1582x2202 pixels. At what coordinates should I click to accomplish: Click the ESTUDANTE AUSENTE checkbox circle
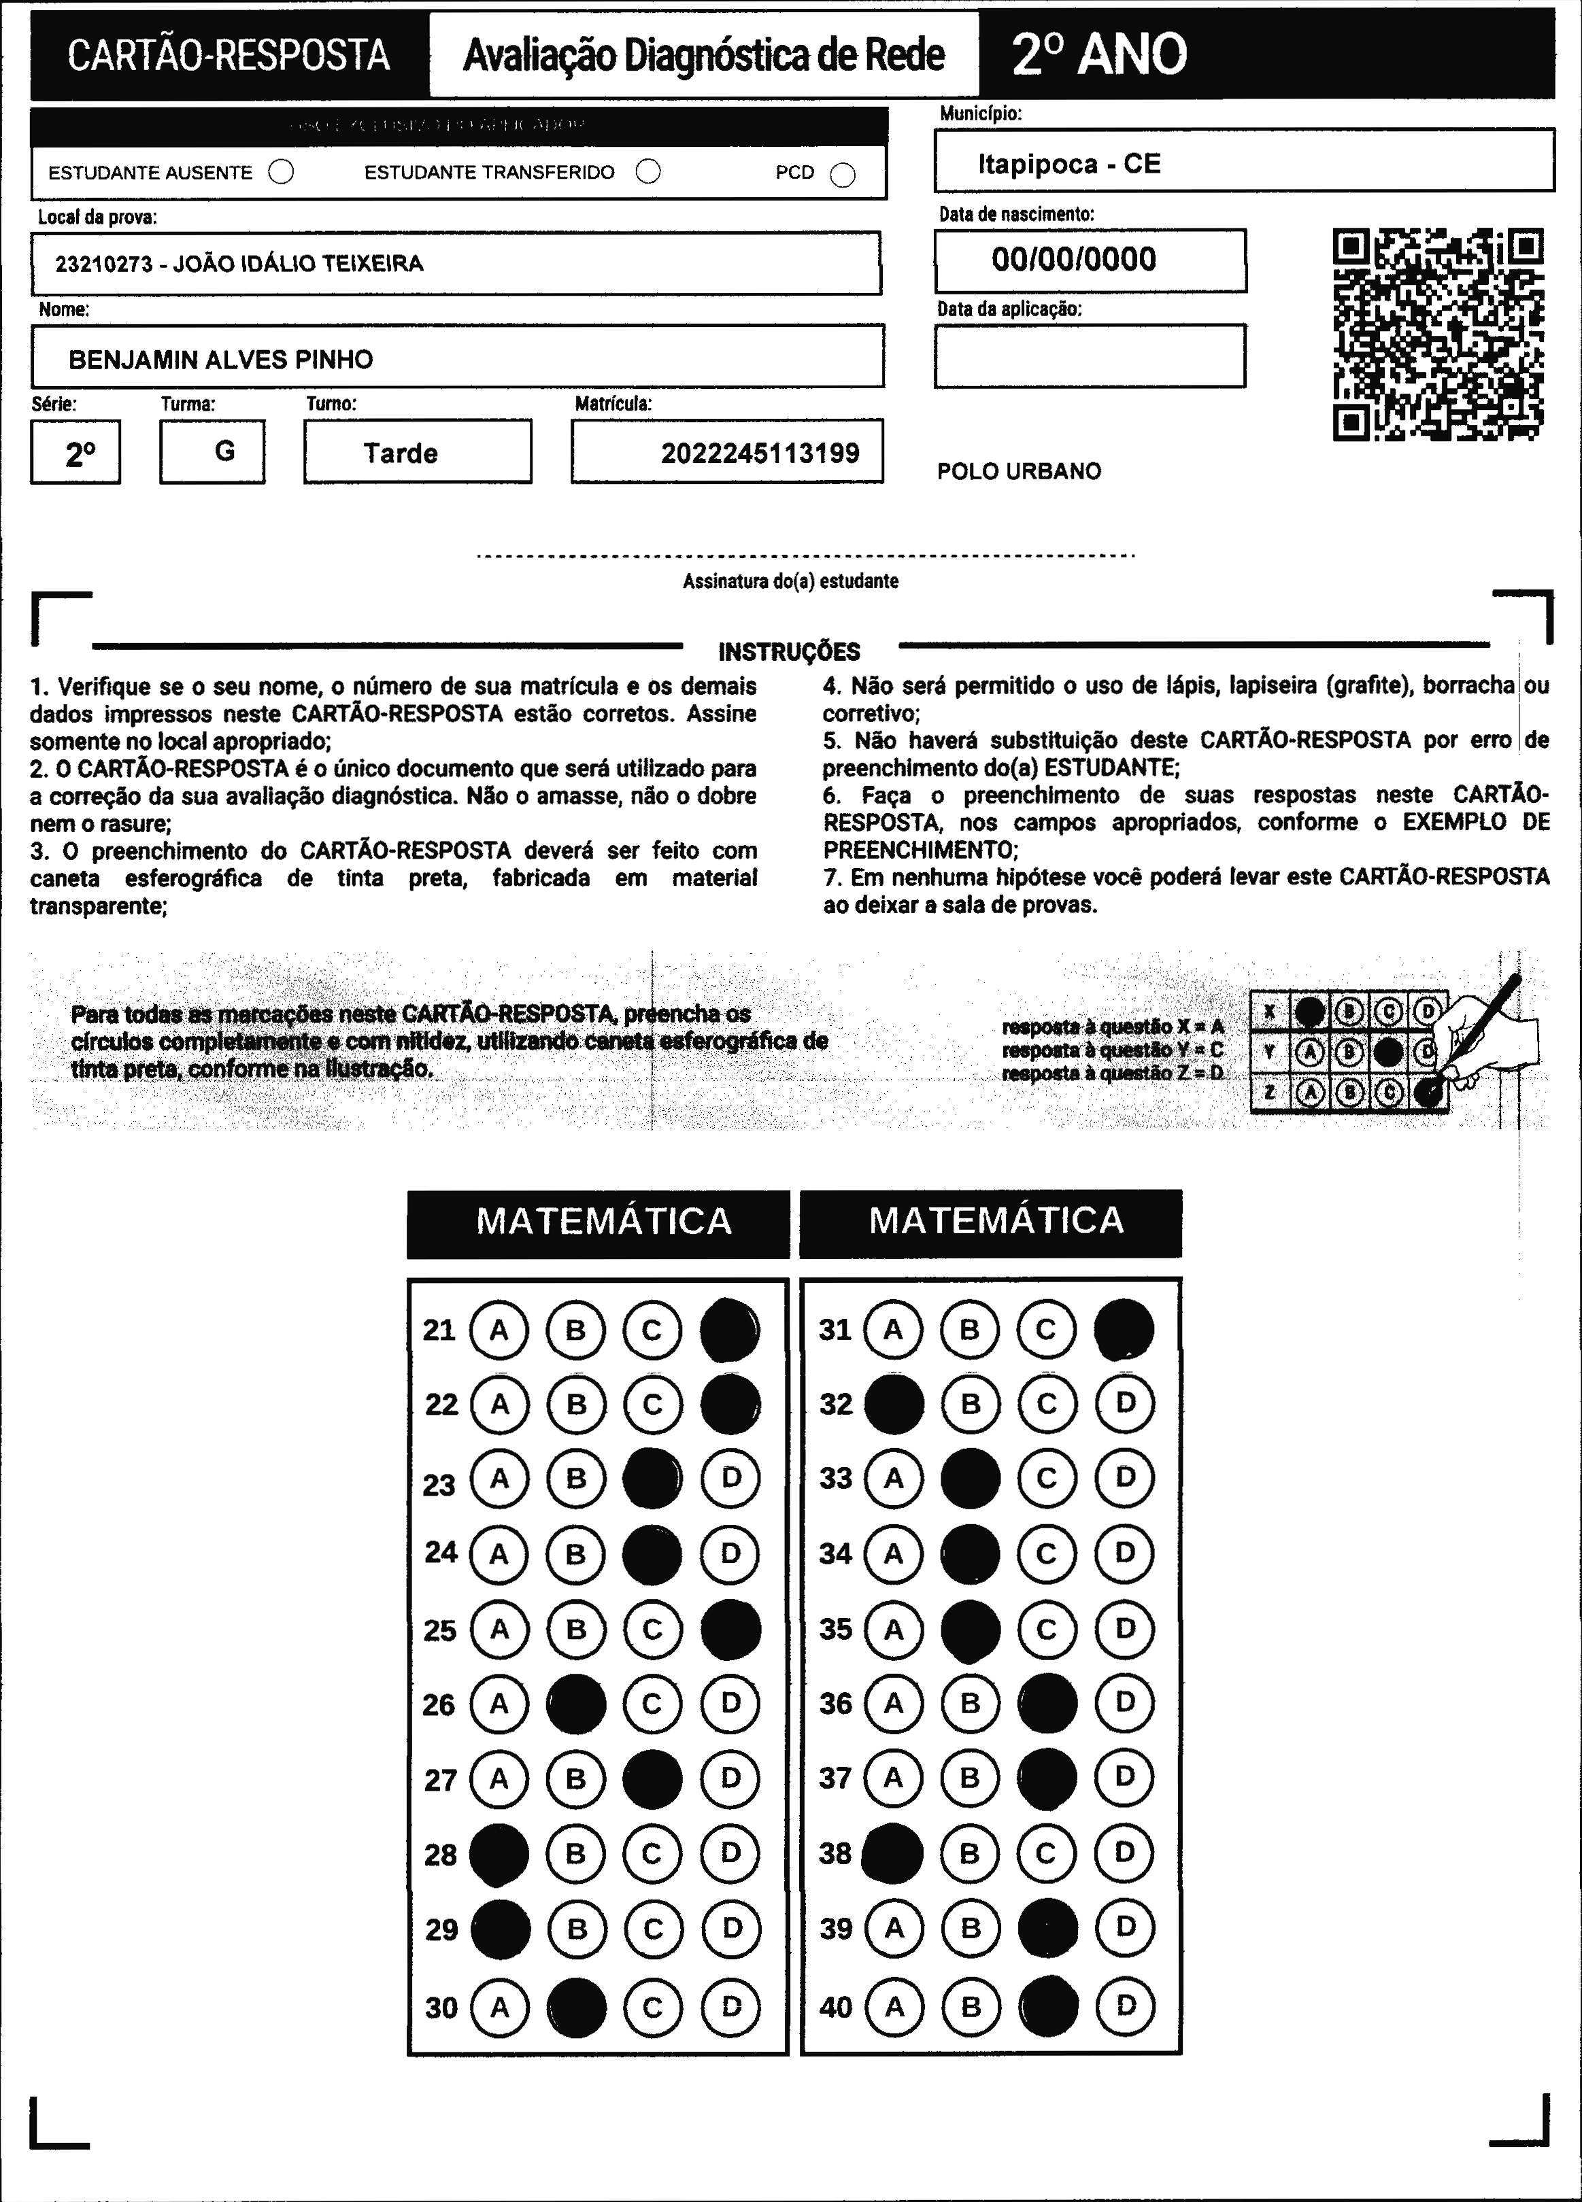282,173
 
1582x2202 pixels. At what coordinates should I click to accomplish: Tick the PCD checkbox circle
843,175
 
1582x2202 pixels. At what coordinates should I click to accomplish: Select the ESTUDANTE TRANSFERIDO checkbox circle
647,172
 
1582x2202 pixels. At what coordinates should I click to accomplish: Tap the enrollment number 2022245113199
760,453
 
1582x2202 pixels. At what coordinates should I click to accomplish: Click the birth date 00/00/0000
1073,259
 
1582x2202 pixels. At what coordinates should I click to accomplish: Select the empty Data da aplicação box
1090,356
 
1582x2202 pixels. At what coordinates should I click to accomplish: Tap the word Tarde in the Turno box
400,453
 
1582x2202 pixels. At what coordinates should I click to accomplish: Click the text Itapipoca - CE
1068,163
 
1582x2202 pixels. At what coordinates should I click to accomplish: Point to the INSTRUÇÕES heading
788,651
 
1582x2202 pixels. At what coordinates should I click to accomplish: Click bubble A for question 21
499,1329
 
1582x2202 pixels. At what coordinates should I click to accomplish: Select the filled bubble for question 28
499,1853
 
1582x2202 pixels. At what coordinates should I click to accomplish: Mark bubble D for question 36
1124,1702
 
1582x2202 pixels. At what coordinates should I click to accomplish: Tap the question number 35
835,1628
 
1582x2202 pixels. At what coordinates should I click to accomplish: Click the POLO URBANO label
1019,472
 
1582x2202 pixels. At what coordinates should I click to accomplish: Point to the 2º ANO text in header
1098,54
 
